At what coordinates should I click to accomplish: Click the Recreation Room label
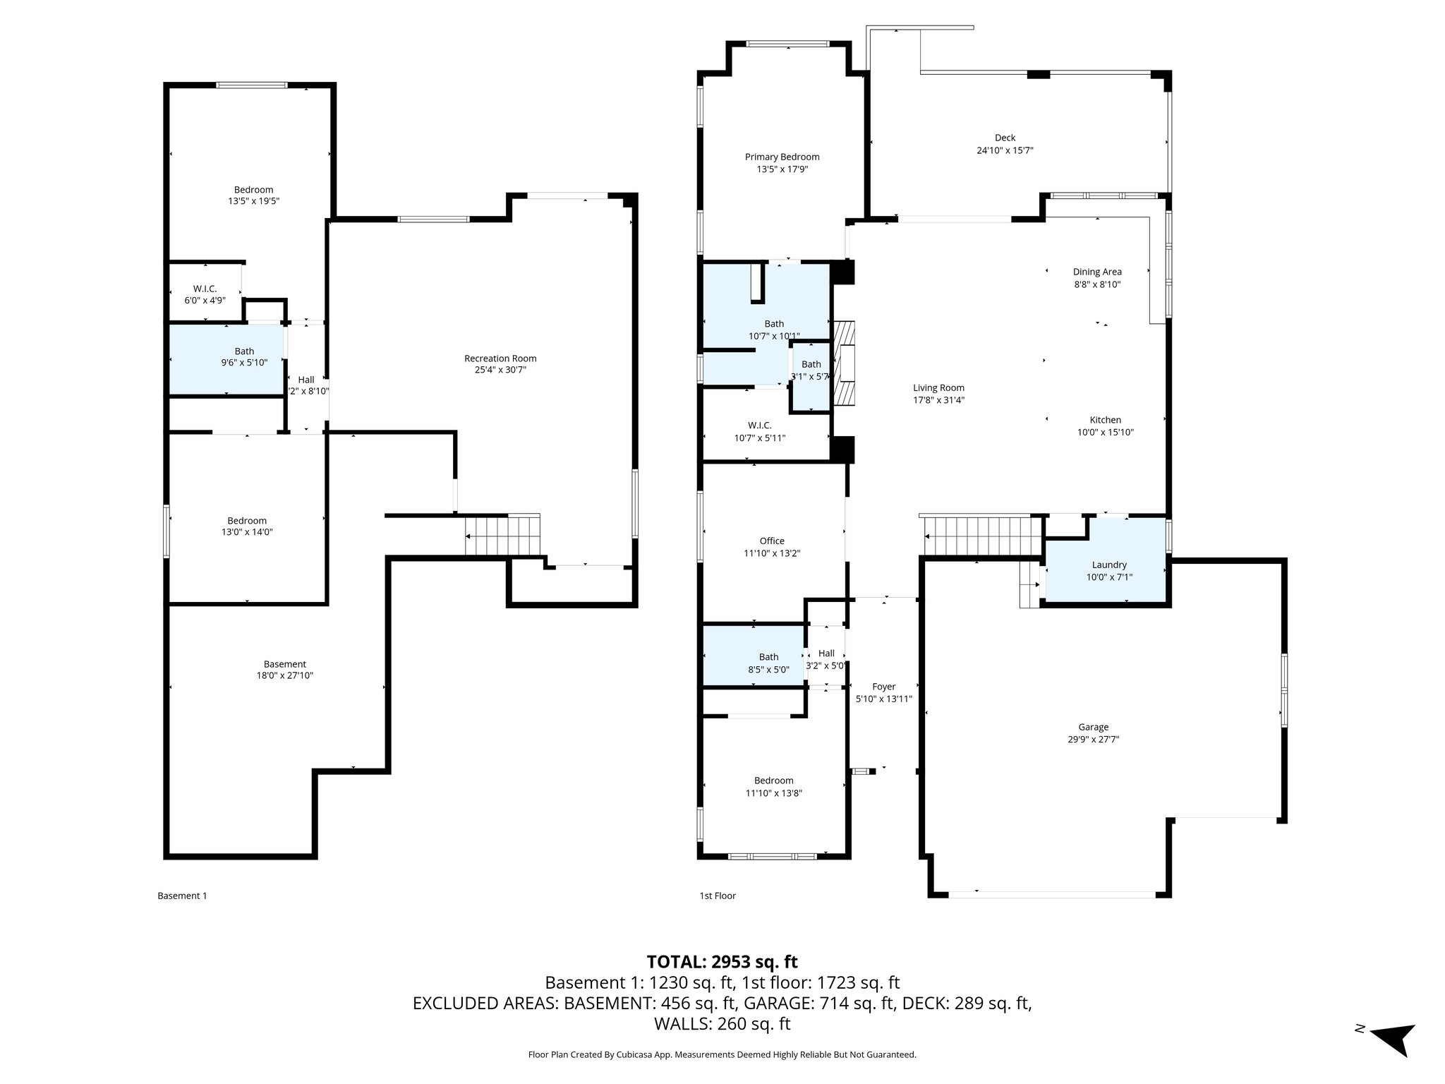pos(500,359)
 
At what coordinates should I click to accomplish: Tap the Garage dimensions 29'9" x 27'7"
pos(1093,740)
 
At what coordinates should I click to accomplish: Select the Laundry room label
pos(1109,565)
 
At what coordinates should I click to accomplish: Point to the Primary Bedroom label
pos(782,157)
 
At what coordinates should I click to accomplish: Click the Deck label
pos(1005,138)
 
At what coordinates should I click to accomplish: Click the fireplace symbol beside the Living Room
pos(844,363)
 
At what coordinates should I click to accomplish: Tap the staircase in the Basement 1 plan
pos(502,536)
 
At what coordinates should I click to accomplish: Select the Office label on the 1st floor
pos(772,541)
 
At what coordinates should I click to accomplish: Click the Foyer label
pos(883,686)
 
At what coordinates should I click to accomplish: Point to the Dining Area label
pos(1096,272)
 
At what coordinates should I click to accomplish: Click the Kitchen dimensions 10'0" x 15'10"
pos(1105,433)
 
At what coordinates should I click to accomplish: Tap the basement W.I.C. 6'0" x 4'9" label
pos(205,294)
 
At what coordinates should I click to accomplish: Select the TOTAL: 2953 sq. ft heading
pos(722,962)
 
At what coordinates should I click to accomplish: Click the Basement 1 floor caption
pos(182,896)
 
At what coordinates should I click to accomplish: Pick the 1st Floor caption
pos(717,896)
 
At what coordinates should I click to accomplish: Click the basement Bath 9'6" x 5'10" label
pos(244,356)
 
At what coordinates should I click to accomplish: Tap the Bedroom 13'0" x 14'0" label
pos(246,526)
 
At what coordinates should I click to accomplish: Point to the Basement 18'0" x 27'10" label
pos(284,670)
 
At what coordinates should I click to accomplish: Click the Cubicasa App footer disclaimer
pos(722,1054)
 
